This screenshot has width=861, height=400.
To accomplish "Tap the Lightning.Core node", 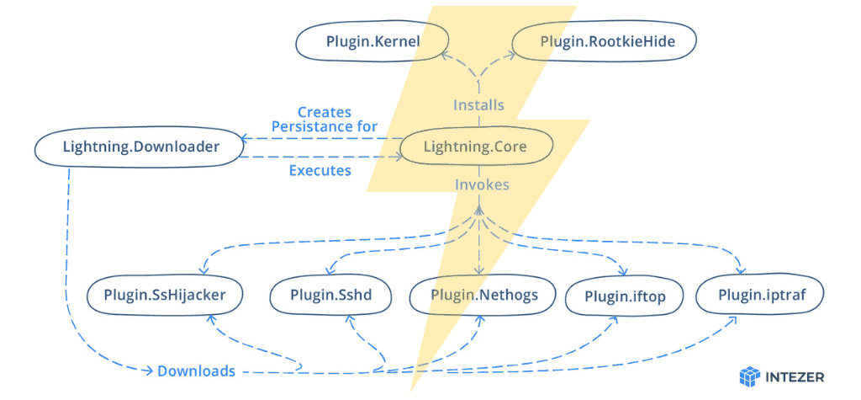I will [x=475, y=147].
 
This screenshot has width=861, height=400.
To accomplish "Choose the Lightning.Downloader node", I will [x=140, y=147].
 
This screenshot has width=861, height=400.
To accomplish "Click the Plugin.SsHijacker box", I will [x=165, y=295].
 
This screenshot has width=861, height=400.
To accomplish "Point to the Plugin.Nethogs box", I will [x=483, y=295].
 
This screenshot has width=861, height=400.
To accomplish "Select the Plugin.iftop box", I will [x=621, y=296].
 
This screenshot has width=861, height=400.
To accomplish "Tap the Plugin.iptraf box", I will [x=758, y=295].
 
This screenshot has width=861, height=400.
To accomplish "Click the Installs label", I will [x=478, y=105].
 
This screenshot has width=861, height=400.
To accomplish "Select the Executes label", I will [x=320, y=171].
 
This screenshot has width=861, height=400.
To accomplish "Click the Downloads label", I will [x=196, y=371].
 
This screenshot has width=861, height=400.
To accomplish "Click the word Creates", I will [x=325, y=112].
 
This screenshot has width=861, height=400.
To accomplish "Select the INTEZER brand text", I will [x=795, y=376].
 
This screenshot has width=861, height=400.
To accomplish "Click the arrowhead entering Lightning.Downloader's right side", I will [x=243, y=137].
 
